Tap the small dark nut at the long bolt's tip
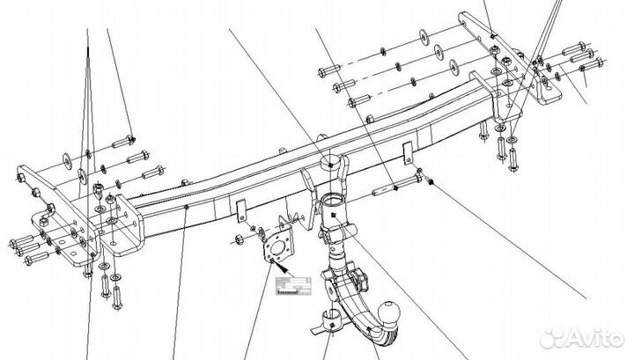pyautogui.click(x=431, y=181)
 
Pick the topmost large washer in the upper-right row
pyautogui.click(x=424, y=36)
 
